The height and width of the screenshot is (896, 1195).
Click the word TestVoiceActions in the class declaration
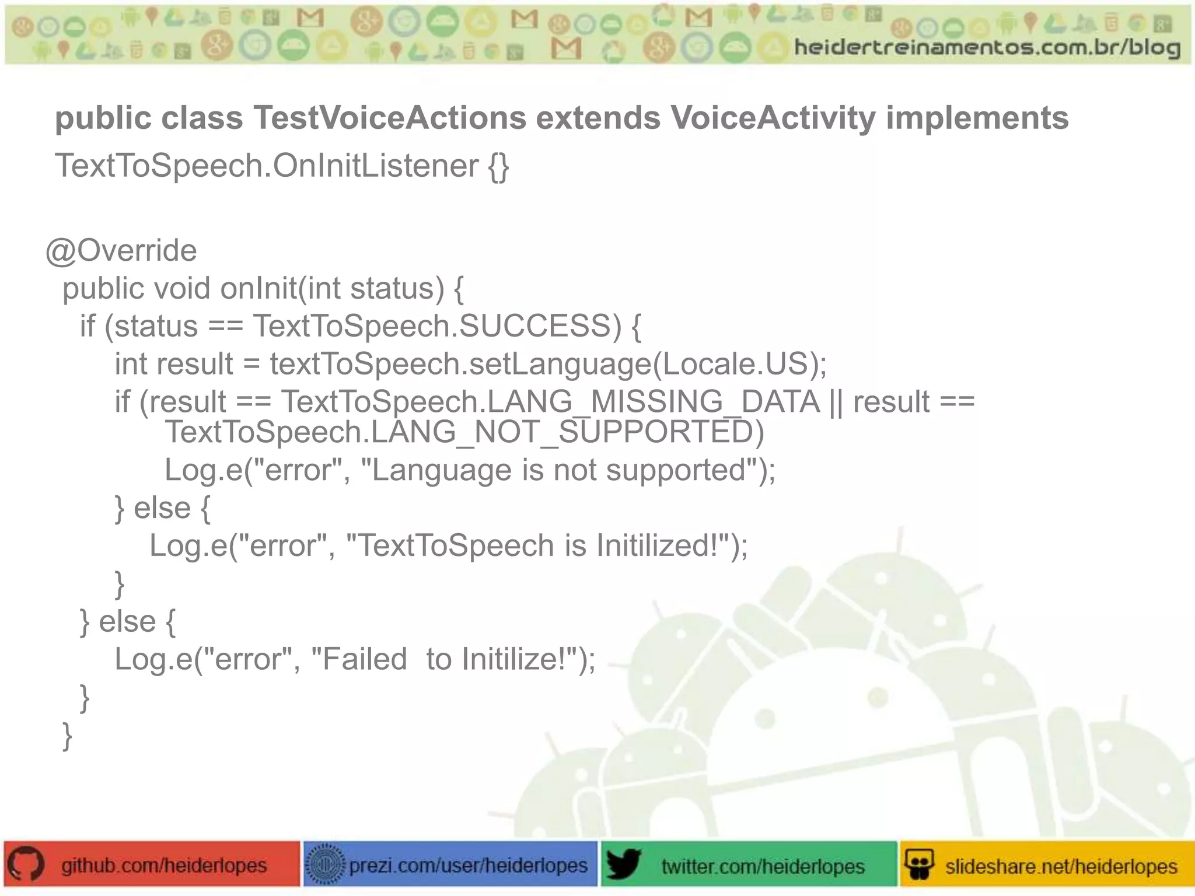(389, 118)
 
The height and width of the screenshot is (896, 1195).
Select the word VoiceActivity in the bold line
(773, 118)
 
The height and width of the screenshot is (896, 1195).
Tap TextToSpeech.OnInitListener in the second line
(267, 166)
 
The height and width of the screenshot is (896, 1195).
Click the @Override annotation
(121, 251)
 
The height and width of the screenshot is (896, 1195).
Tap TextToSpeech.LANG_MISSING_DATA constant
(551, 402)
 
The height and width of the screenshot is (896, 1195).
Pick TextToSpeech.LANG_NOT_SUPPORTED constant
(464, 432)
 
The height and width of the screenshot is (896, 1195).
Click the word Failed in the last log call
(364, 660)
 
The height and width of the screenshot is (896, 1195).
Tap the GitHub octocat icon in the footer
(26, 864)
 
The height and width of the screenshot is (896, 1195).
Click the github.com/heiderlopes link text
(164, 865)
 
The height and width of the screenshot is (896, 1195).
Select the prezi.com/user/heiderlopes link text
(468, 865)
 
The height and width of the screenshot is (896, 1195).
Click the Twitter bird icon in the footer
(623, 864)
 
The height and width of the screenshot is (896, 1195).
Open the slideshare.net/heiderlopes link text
(1061, 866)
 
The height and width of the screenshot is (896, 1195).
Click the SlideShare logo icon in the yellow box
(919, 864)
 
